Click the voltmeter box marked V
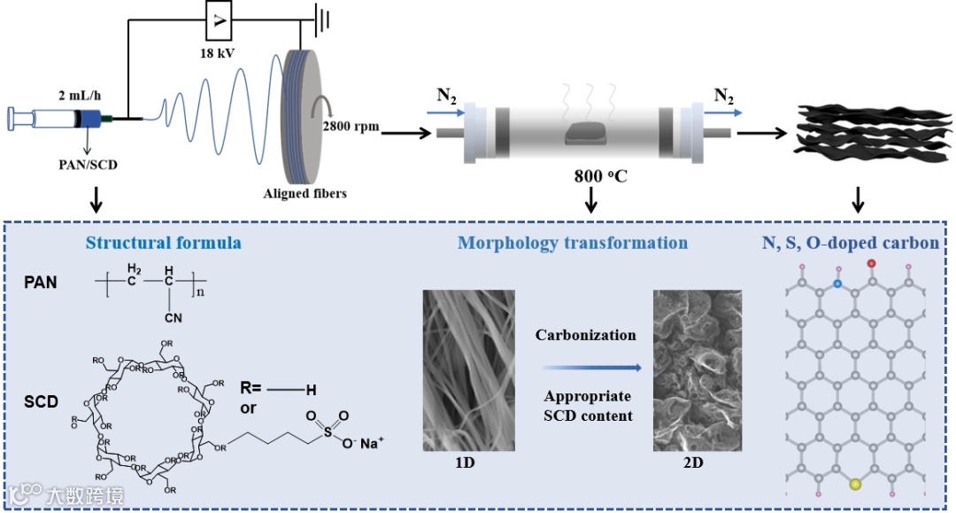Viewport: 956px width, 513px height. [x=219, y=21]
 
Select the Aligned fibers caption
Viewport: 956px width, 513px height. [x=304, y=193]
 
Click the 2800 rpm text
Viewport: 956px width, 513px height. [x=351, y=126]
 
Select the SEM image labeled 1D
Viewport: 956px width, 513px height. [x=465, y=369]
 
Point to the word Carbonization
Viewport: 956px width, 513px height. [x=585, y=335]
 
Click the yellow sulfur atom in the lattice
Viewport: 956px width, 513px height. [x=855, y=485]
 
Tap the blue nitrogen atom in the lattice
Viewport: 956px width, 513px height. [x=837, y=284]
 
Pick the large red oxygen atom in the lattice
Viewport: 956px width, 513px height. [x=872, y=263]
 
